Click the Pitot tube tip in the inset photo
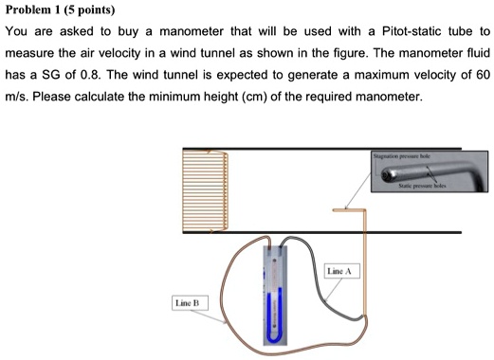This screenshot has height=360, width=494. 387,174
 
